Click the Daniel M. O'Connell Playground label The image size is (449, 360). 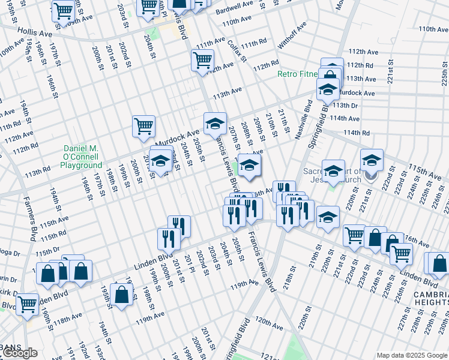click(x=84, y=157)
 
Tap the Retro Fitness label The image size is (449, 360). click(x=298, y=74)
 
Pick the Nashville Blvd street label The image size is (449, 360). click(x=303, y=120)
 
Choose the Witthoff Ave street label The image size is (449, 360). click(x=292, y=36)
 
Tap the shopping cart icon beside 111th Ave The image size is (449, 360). click(x=202, y=59)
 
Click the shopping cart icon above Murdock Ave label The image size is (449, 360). click(x=143, y=126)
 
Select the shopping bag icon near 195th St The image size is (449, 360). click(x=121, y=295)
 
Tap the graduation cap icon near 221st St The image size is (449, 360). click(x=372, y=160)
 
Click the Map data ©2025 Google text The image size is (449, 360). click(x=412, y=355)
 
